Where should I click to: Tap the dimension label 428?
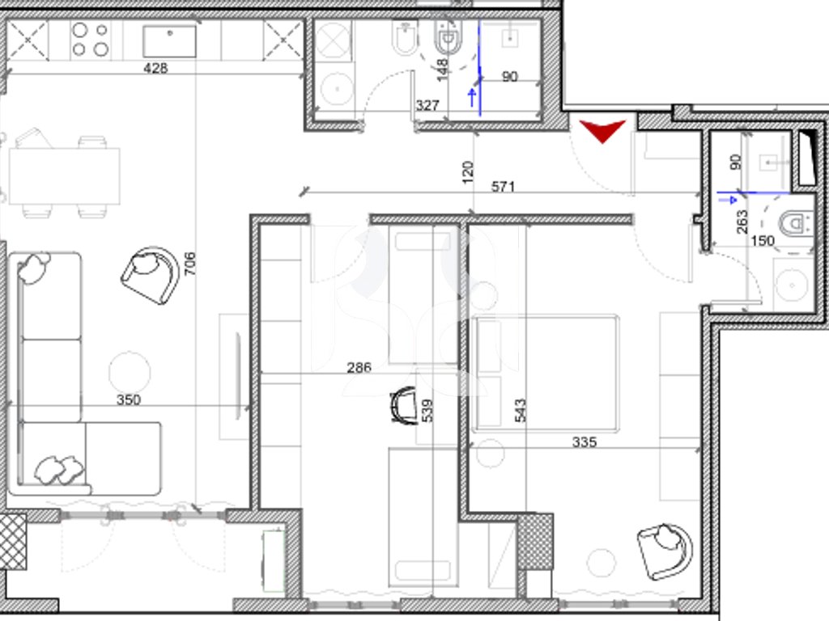[x=155, y=68]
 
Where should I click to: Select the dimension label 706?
[x=189, y=264]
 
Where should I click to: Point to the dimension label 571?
[x=503, y=187]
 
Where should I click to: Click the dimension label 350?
[x=129, y=399]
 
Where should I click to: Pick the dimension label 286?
[x=359, y=367]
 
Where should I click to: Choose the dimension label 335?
[x=585, y=441]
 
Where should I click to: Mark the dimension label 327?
[x=427, y=106]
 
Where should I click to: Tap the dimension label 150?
[x=763, y=241]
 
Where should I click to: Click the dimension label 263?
[x=742, y=222]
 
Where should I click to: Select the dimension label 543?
[x=521, y=410]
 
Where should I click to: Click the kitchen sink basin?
[x=169, y=40]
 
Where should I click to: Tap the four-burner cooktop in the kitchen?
[x=91, y=40]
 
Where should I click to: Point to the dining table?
[x=65, y=176]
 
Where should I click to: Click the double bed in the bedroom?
[x=546, y=374]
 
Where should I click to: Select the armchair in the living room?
[x=150, y=275]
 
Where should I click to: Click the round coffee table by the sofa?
[x=130, y=372]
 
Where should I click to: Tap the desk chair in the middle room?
[x=403, y=406]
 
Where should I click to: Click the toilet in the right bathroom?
[x=797, y=224]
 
